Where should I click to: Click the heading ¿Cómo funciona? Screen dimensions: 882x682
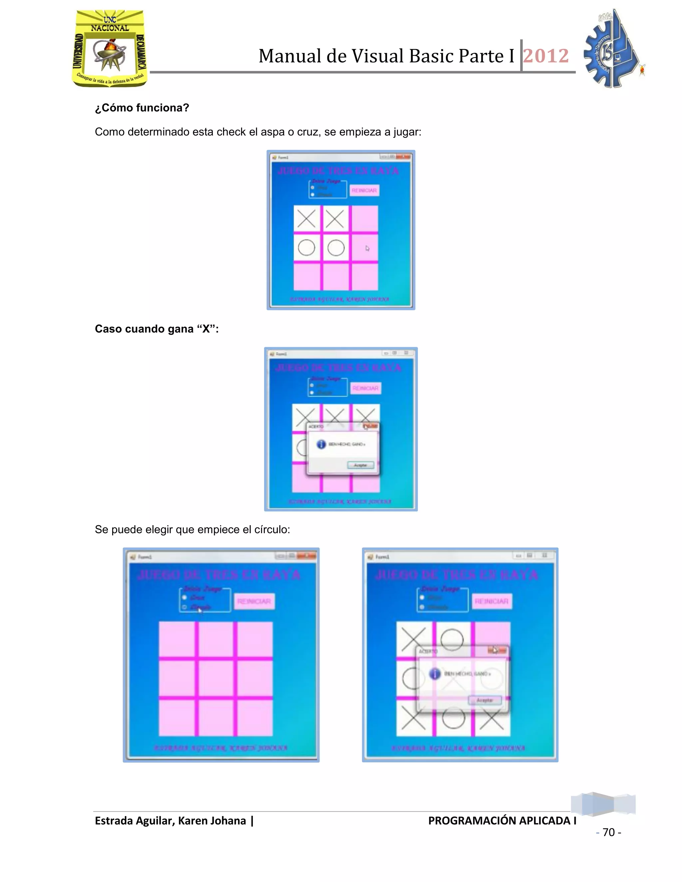point(142,108)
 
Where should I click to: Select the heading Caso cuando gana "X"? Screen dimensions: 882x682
point(157,329)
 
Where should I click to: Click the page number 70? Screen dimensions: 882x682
point(608,832)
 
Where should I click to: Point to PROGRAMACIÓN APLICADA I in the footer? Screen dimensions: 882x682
point(502,821)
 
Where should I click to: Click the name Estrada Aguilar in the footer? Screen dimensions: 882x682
point(135,821)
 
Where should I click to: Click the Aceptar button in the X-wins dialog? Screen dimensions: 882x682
point(360,465)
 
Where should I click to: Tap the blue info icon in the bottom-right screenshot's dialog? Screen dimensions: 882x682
point(435,674)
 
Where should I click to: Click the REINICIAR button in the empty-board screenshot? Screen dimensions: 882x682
point(254,601)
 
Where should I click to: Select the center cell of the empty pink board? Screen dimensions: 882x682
point(216,678)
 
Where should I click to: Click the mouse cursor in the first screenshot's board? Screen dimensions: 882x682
point(367,248)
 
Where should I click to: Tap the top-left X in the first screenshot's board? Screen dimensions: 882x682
point(306,219)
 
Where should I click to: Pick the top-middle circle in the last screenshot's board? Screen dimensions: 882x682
point(452,639)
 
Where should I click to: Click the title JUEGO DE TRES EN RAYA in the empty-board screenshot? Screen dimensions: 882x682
point(218,575)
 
